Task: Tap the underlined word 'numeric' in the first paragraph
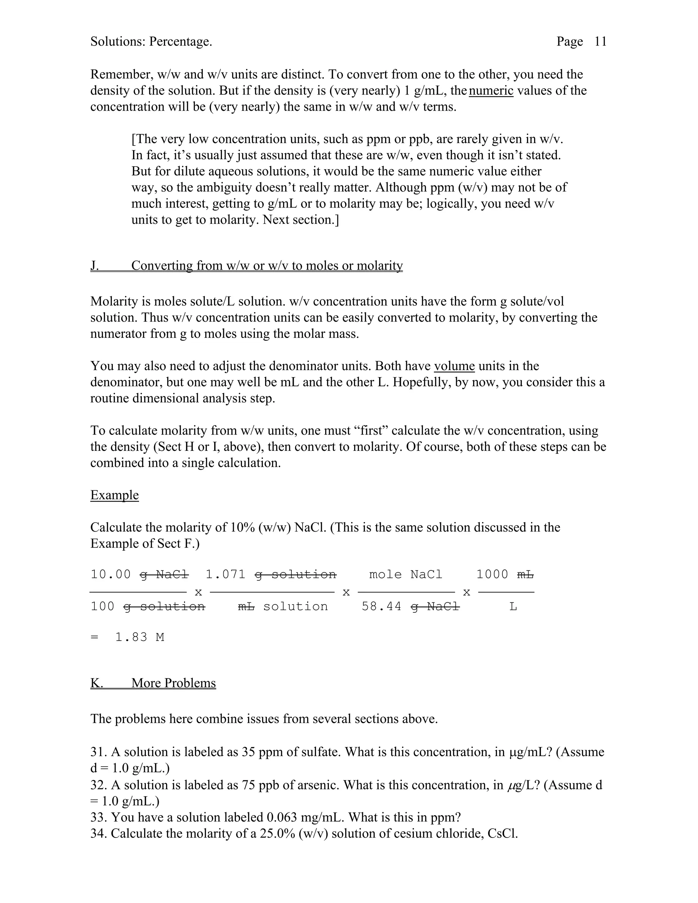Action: pos(491,90)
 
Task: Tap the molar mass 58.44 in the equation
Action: pos(381,607)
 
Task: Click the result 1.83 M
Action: pos(139,637)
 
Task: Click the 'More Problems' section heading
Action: pos(174,683)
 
